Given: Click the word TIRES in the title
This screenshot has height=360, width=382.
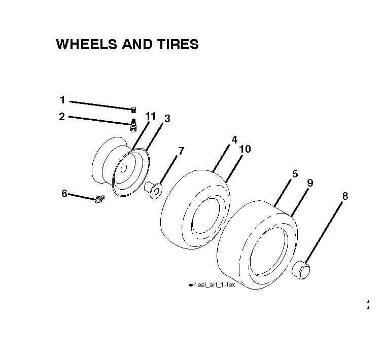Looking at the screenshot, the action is coord(178,44).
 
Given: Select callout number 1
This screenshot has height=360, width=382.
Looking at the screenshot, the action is coord(62,100).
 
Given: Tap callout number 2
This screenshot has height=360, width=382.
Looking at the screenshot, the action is coord(62,117).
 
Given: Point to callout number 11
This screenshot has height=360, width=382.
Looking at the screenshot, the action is coord(151,116).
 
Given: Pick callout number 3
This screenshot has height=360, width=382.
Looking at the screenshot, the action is coord(167,119).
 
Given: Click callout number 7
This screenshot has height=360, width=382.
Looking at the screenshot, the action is coord(181,151).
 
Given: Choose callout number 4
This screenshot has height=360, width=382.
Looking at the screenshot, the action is coord(234,140).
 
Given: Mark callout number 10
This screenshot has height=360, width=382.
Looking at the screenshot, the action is coord(245,149).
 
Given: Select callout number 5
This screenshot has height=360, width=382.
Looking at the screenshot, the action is coord(295,174).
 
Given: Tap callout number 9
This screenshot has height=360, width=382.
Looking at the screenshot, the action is coord(310,183).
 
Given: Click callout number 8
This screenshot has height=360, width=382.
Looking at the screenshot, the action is coord(345,196).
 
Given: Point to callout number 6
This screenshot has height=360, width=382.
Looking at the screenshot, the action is coord(64,194).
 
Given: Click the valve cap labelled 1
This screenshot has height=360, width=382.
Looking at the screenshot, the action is coord(133,110).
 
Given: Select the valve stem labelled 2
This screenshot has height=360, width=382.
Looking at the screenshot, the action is coord(133,126).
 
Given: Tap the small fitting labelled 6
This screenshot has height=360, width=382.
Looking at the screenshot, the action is coord(99,199).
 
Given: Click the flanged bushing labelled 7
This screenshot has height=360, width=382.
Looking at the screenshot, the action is coord(153,191).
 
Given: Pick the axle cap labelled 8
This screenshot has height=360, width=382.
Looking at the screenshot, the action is coord(301,270).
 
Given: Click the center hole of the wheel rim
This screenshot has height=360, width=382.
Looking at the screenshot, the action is coord(123,168).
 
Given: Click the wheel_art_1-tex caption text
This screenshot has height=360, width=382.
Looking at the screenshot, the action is coord(212,285).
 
